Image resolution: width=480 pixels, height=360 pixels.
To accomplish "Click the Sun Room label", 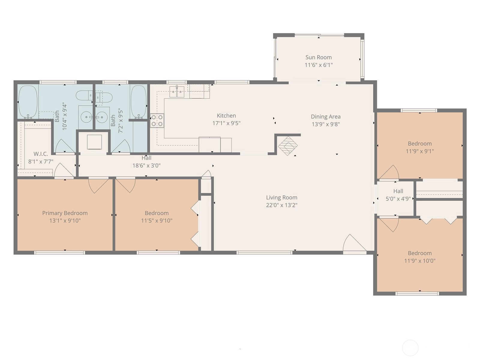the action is (318, 57).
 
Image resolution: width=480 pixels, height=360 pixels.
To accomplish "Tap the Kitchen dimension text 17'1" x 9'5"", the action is (226, 123).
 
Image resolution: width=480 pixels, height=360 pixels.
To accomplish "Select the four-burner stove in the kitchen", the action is (157, 120).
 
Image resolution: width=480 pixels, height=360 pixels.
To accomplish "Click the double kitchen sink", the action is (177, 91).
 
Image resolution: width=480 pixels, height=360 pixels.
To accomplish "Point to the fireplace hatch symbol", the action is (288, 146).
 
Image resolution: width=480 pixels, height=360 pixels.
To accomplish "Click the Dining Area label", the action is (325, 117).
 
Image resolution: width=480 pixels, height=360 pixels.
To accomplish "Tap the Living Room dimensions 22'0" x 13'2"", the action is (282, 205).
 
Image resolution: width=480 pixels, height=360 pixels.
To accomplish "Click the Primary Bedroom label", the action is (65, 213).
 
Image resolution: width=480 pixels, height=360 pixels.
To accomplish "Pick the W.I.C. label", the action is (41, 154).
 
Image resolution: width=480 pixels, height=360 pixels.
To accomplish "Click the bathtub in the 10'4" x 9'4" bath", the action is (28, 102).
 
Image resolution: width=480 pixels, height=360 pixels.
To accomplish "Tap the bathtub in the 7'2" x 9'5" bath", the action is (139, 102).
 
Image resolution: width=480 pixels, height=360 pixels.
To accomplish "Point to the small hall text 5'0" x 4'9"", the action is (398, 199).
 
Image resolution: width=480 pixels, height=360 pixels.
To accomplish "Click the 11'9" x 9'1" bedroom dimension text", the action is (420, 151).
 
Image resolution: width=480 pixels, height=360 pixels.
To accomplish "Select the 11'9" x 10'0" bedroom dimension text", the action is (420, 261).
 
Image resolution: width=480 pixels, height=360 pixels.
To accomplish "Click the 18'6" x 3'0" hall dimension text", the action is (146, 166).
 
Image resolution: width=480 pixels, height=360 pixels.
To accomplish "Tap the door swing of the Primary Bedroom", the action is (98, 186).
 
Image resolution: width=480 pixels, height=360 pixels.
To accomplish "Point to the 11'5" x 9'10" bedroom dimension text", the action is (157, 220).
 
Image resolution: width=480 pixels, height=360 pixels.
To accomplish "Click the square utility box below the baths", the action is (94, 142).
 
